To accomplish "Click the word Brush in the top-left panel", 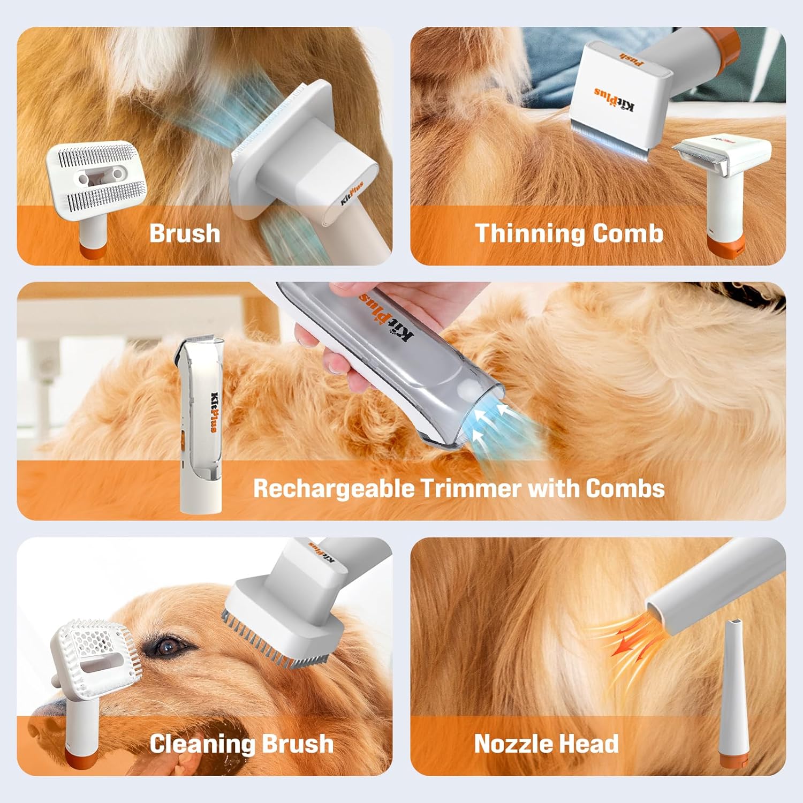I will pyautogui.click(x=185, y=233).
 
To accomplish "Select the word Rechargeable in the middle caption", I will pyautogui.click(x=333, y=488).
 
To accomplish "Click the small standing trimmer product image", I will pyautogui.click(x=200, y=423).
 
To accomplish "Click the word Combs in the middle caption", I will pyautogui.click(x=625, y=488).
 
